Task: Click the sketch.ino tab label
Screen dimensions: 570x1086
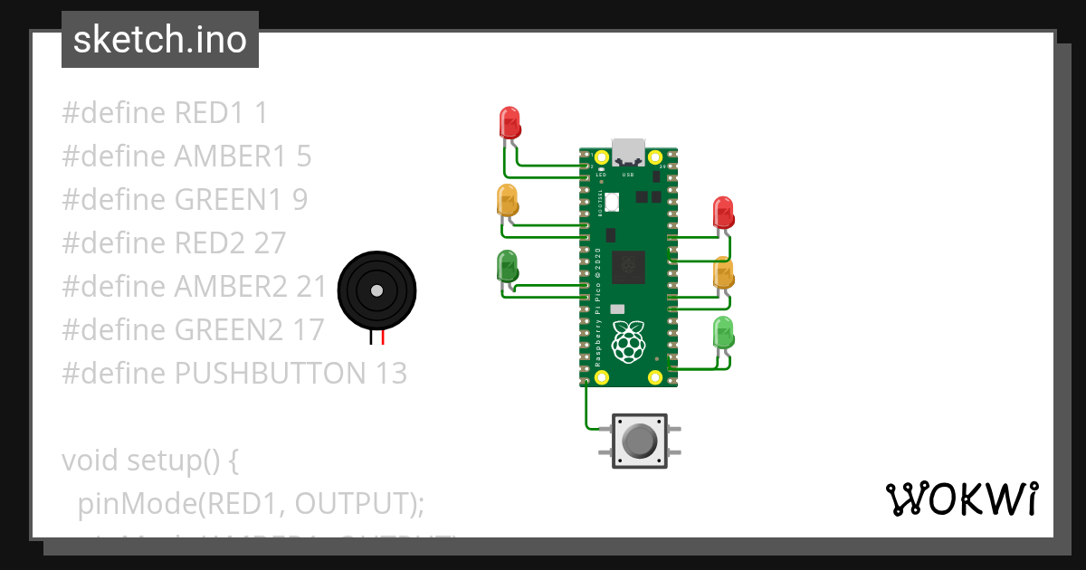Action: (x=160, y=40)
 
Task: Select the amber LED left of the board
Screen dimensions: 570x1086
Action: (x=508, y=200)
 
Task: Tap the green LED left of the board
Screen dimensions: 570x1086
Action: (x=508, y=266)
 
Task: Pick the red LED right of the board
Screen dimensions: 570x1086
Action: (x=724, y=213)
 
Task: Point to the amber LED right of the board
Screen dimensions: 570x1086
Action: (x=724, y=273)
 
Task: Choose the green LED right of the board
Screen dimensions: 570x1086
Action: (x=724, y=332)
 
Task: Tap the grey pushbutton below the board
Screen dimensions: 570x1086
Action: (x=640, y=442)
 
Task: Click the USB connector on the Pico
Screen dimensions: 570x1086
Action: (x=628, y=152)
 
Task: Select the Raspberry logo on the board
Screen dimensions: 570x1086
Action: (x=629, y=342)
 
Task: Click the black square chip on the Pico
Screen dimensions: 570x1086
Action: (x=628, y=268)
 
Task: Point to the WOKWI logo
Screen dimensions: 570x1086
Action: (x=961, y=499)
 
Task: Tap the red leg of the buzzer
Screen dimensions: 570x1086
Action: (x=383, y=338)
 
